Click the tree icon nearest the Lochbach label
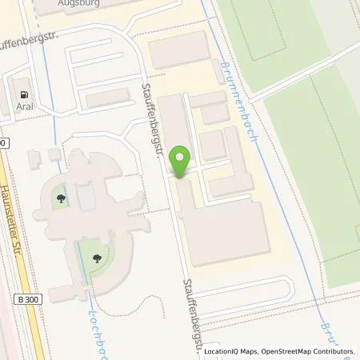[97, 258]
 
